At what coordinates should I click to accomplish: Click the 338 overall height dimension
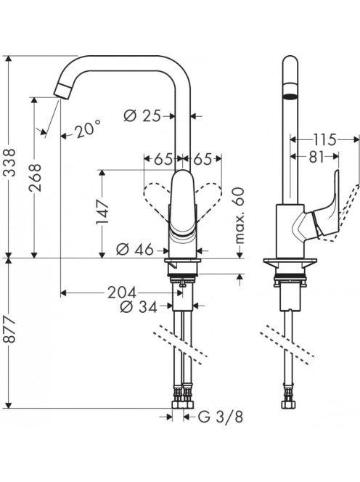11,163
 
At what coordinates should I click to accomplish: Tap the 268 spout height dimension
36,177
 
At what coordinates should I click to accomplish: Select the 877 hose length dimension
10,330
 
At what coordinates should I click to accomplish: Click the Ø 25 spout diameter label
142,116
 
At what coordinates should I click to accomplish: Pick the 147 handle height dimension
102,213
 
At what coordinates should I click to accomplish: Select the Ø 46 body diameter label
135,250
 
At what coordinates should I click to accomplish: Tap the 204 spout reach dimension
122,293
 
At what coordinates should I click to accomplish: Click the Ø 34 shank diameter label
139,306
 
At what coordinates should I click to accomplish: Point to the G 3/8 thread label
221,417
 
